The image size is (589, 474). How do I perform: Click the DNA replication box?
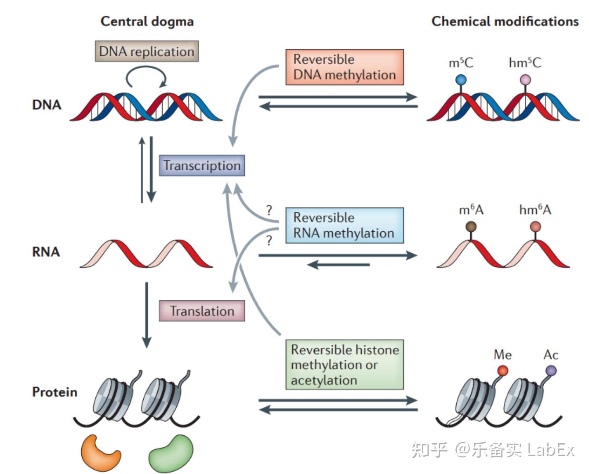click(x=147, y=51)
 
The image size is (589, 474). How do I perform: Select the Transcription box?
click(x=202, y=166)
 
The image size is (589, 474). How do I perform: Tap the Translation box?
click(x=202, y=311)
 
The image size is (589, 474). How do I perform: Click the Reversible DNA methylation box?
click(x=345, y=67)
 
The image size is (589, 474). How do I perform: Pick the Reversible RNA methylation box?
click(x=345, y=226)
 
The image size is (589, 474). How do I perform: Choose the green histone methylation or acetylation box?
click(x=345, y=365)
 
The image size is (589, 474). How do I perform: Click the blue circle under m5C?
click(x=461, y=80)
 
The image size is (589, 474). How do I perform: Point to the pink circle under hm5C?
click(x=525, y=80)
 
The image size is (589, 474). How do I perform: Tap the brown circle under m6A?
click(x=471, y=227)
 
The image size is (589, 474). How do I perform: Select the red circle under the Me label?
click(x=502, y=371)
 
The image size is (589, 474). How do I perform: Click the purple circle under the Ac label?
click(x=551, y=371)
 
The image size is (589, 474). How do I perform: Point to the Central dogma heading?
click(x=147, y=22)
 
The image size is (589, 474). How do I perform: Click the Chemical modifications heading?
click(x=505, y=22)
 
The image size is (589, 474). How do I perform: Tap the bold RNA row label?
click(x=46, y=252)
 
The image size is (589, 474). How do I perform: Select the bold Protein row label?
click(x=55, y=392)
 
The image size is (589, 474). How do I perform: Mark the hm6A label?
click(x=535, y=210)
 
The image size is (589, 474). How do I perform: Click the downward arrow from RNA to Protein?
click(x=147, y=315)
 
